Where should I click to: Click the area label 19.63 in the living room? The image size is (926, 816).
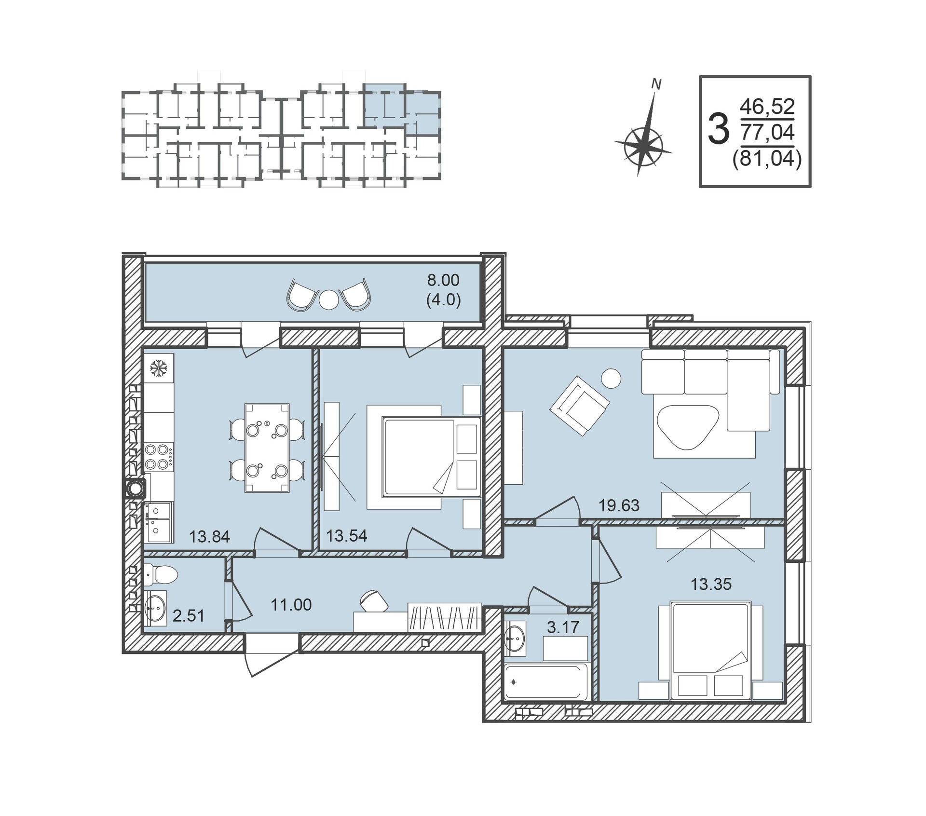click(619, 505)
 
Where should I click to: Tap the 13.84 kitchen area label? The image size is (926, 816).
click(209, 536)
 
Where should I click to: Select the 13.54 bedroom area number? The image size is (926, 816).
click(347, 535)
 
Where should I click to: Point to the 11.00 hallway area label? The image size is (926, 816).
click(291, 604)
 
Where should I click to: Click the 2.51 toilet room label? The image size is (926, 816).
click(189, 615)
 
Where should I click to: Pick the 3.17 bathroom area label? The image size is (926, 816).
click(563, 627)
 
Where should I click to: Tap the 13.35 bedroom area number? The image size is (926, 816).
click(711, 584)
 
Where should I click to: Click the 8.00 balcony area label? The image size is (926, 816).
click(443, 280)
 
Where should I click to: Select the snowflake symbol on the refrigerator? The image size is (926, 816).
click(158, 368)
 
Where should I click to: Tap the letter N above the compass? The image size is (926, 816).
click(656, 84)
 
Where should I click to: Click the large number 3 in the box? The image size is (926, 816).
click(719, 130)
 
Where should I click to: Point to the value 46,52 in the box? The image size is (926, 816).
click(767, 107)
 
